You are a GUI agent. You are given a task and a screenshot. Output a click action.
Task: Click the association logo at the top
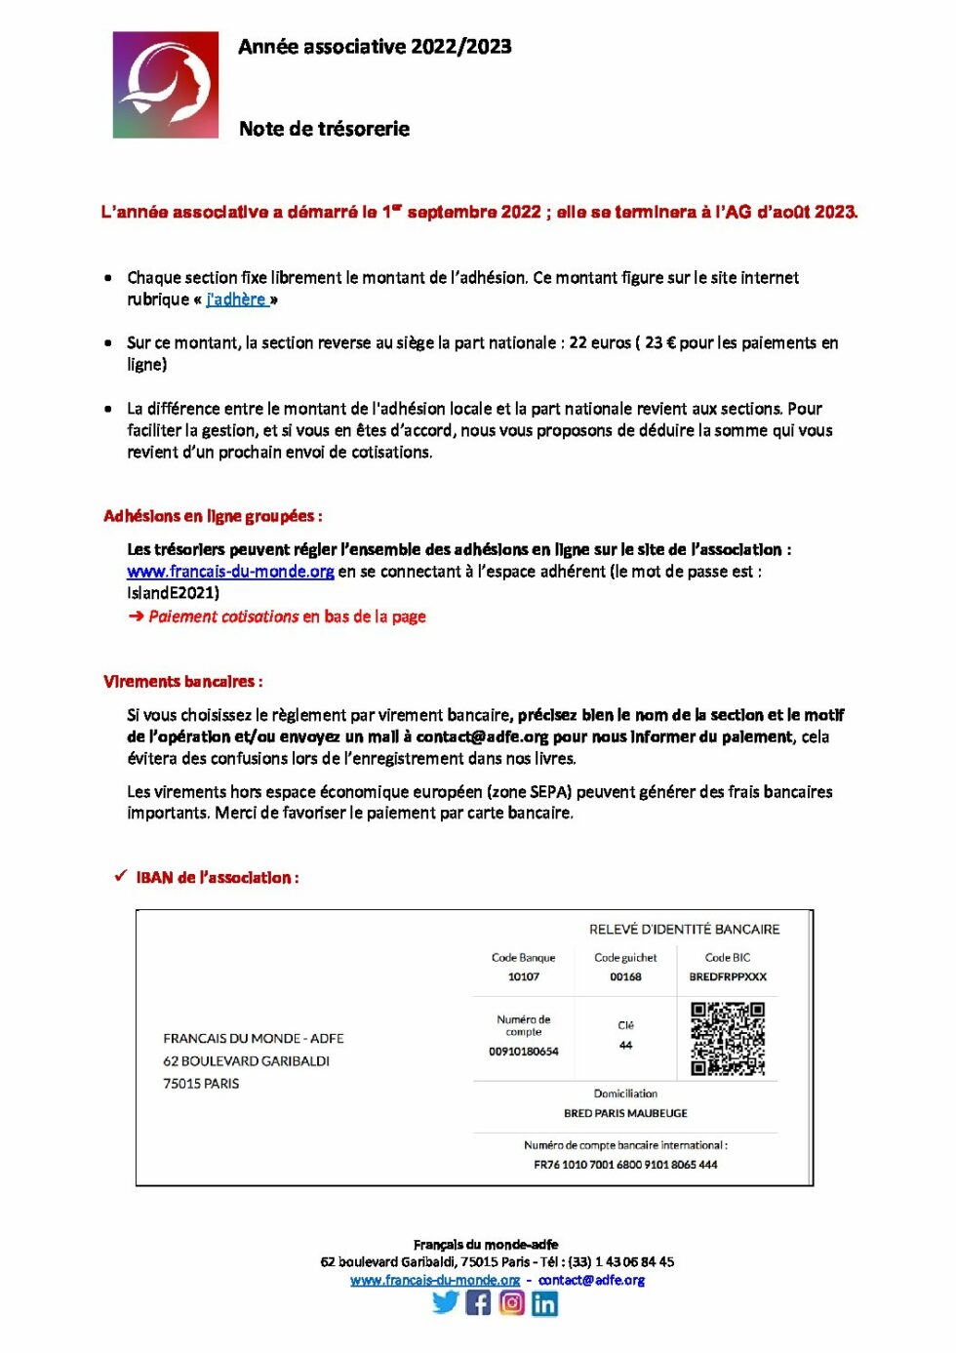pyautogui.click(x=166, y=85)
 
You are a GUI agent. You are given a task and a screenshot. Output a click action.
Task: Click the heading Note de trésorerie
pyautogui.click(x=324, y=129)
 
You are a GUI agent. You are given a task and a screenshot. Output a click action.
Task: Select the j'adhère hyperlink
pyautogui.click(x=236, y=299)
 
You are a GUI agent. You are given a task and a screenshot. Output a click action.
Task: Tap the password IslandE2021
pyautogui.click(x=173, y=592)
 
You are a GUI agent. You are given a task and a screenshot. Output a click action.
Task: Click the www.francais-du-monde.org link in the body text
pyautogui.click(x=230, y=572)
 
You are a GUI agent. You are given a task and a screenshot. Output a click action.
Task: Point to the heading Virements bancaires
pyautogui.click(x=182, y=681)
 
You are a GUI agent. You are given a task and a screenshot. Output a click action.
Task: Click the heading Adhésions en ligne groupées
pyautogui.click(x=212, y=516)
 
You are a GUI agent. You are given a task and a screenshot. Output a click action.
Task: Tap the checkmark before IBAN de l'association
pyautogui.click(x=120, y=876)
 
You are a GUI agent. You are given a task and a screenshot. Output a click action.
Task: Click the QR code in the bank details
pyautogui.click(x=728, y=1039)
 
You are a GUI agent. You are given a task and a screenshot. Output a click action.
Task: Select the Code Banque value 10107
pyautogui.click(x=523, y=976)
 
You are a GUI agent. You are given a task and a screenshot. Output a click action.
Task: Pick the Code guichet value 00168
pyautogui.click(x=625, y=976)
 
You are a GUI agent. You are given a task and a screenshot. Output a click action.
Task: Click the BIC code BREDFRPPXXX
pyautogui.click(x=728, y=976)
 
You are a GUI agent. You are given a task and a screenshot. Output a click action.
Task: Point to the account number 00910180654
pyautogui.click(x=524, y=1052)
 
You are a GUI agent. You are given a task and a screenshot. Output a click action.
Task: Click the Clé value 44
pyautogui.click(x=625, y=1045)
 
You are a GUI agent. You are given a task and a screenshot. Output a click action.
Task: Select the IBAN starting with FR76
pyautogui.click(x=625, y=1165)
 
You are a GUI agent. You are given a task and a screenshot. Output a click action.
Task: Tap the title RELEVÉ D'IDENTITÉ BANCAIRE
pyautogui.click(x=684, y=930)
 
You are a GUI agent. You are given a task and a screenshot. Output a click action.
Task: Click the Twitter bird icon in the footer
pyautogui.click(x=446, y=1302)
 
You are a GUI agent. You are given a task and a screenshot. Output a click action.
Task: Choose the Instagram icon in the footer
pyautogui.click(x=512, y=1302)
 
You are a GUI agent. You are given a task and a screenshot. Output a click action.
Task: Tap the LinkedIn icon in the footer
pyautogui.click(x=545, y=1303)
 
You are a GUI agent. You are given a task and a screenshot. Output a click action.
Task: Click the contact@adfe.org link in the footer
pyautogui.click(x=591, y=1280)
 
